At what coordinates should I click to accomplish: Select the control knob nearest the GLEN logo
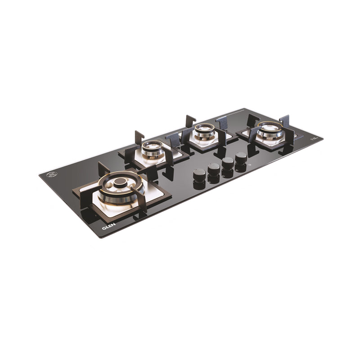(199, 174)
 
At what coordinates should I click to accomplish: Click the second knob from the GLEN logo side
(214, 169)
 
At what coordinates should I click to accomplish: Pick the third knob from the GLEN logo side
(228, 162)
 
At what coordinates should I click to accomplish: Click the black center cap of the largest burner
(121, 182)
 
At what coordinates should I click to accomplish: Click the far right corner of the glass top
(322, 137)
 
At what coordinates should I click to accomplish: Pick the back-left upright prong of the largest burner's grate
(103, 169)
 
